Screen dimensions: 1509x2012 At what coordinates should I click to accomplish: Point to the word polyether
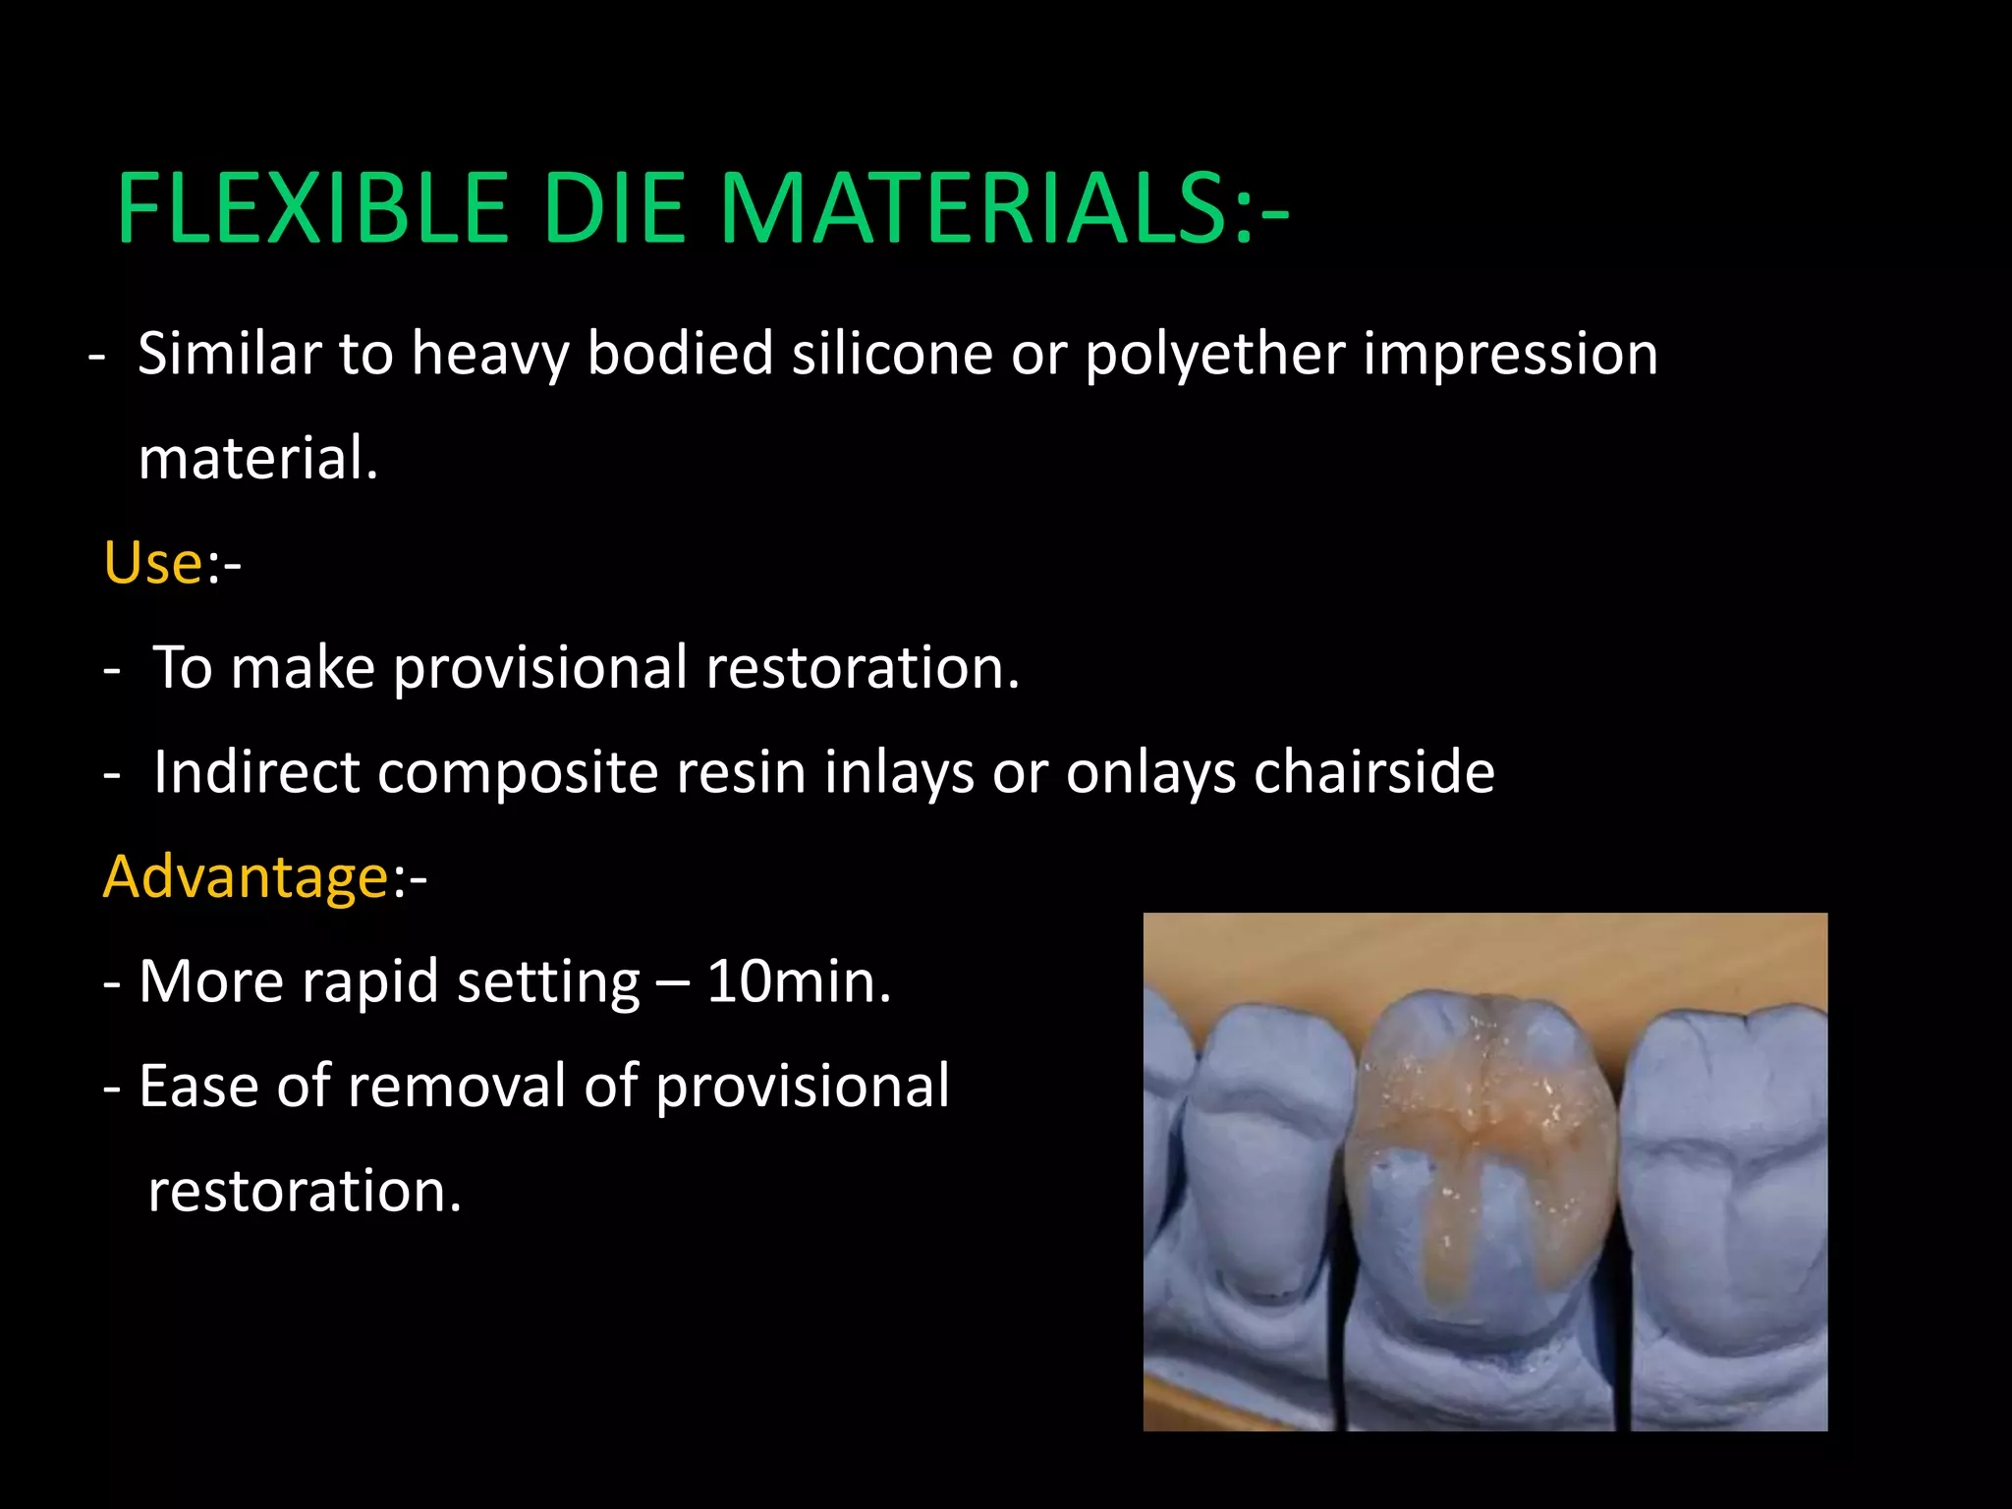(x=1214, y=356)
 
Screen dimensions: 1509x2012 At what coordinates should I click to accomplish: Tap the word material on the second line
(x=257, y=459)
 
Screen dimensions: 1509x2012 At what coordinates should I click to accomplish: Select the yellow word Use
(x=153, y=564)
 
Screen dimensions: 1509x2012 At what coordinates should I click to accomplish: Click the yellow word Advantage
(x=247, y=876)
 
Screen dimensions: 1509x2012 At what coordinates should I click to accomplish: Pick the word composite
(x=517, y=774)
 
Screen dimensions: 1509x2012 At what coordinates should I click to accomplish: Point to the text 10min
(x=798, y=981)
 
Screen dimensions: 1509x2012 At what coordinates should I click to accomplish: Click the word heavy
(x=489, y=356)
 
